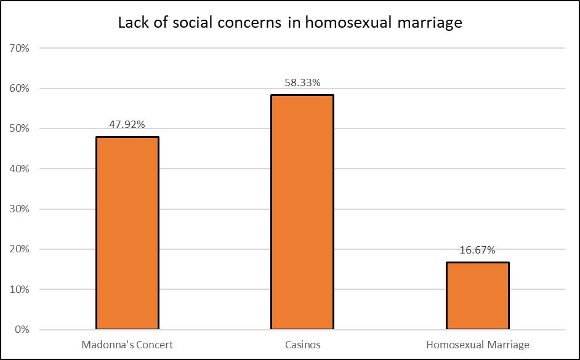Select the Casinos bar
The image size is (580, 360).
302,212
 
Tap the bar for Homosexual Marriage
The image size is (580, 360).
478,295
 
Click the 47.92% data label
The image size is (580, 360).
127,125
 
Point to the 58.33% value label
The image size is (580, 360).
302,82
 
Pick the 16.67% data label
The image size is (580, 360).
478,250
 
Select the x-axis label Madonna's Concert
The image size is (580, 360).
127,345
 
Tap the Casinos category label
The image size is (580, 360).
302,345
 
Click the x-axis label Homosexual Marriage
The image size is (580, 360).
478,345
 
